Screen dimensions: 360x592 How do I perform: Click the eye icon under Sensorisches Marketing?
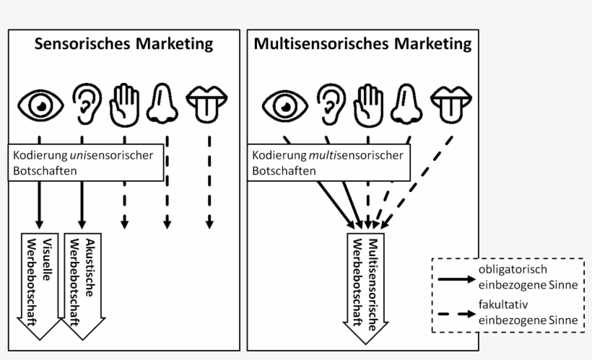tap(40, 104)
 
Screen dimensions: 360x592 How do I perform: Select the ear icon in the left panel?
tap(84, 104)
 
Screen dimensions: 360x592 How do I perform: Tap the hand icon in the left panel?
tap(123, 104)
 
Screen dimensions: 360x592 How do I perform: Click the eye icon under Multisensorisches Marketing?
tap(284, 104)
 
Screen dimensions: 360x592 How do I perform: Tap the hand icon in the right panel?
tap(368, 104)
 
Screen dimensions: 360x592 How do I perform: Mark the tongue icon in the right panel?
tap(452, 104)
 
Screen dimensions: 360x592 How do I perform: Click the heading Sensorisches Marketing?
tap(124, 45)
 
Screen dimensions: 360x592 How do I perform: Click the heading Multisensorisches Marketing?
tap(362, 45)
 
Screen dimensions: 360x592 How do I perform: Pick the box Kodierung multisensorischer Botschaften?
tap(329, 163)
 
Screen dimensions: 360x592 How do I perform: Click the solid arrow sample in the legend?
tap(454, 278)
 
